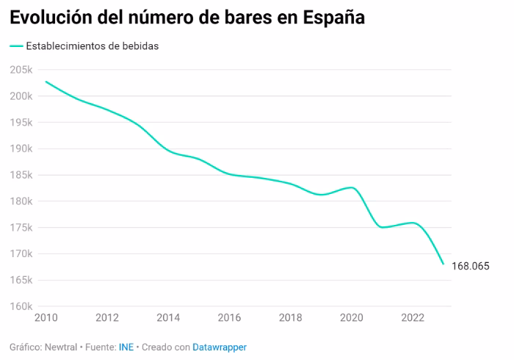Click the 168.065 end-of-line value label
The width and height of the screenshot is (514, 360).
coord(471,266)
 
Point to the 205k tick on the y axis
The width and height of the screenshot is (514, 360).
coord(21,70)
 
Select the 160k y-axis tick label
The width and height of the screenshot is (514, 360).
coord(21,306)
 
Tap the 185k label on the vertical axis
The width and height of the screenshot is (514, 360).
coord(21,175)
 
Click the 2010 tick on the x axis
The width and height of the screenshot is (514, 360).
coord(46,317)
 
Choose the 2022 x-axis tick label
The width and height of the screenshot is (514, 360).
coord(413,317)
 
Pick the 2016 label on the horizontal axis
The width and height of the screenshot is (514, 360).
coord(229,317)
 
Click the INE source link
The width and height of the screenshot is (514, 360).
coord(126,347)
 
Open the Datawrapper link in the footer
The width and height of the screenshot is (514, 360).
coord(220,347)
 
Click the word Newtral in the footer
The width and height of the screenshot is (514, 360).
coord(61,347)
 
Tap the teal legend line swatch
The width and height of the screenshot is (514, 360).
coord(16,46)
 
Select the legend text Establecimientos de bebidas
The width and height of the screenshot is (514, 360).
coord(93,46)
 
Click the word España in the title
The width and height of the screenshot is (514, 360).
coord(333,18)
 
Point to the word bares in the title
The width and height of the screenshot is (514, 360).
coord(248,18)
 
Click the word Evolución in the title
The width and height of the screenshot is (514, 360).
coord(51,18)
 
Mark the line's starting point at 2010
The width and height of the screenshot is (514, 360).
coord(46,82)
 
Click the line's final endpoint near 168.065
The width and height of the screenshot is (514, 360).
coord(444,264)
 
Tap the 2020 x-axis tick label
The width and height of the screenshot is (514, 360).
coord(352,317)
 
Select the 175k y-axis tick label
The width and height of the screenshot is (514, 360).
coord(21,227)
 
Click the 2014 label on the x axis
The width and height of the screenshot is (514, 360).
coord(168,317)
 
